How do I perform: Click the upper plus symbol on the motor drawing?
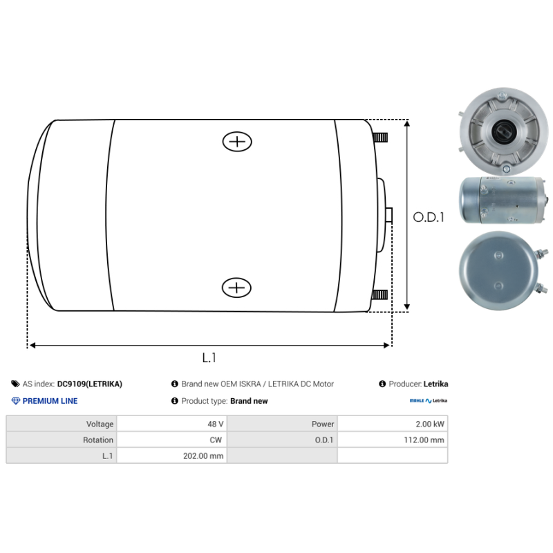[237, 142]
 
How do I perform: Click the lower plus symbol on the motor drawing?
[236, 287]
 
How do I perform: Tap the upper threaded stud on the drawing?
[380, 138]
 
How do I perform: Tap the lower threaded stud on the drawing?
[380, 295]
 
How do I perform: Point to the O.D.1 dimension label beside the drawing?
[429, 217]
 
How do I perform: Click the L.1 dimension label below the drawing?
[209, 357]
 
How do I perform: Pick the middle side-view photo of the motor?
[496, 201]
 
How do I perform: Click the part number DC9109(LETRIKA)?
[90, 384]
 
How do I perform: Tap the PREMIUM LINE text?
[50, 401]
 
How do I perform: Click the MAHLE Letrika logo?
[429, 401]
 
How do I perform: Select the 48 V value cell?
[171, 424]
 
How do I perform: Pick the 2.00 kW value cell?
[392, 424]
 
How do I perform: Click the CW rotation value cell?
[171, 440]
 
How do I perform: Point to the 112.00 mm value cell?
[392, 440]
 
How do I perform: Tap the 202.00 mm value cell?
[171, 456]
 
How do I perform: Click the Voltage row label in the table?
[61, 424]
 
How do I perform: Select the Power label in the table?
[282, 424]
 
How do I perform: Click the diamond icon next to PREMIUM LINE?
[16, 401]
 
